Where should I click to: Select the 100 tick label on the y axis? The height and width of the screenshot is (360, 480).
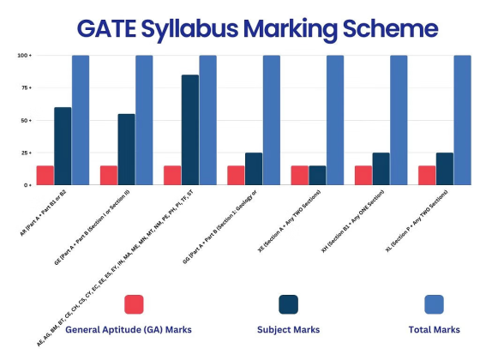click(25, 55)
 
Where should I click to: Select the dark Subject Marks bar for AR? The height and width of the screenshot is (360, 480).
click(63, 146)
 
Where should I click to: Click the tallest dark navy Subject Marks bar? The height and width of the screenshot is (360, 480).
click(189, 129)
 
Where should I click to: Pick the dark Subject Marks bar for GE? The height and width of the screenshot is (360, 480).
click(126, 149)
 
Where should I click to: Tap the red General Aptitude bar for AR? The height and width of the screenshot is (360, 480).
click(45, 175)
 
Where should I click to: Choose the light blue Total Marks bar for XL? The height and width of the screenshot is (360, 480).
click(462, 120)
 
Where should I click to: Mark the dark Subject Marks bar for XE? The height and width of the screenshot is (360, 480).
click(317, 175)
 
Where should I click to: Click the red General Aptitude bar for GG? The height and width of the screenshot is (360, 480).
click(236, 175)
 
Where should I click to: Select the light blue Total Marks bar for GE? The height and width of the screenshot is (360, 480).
click(144, 120)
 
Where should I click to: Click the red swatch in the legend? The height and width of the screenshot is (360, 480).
click(134, 304)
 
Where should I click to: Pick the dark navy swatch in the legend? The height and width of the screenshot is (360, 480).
click(288, 304)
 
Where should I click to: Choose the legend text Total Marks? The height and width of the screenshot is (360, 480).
click(433, 330)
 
